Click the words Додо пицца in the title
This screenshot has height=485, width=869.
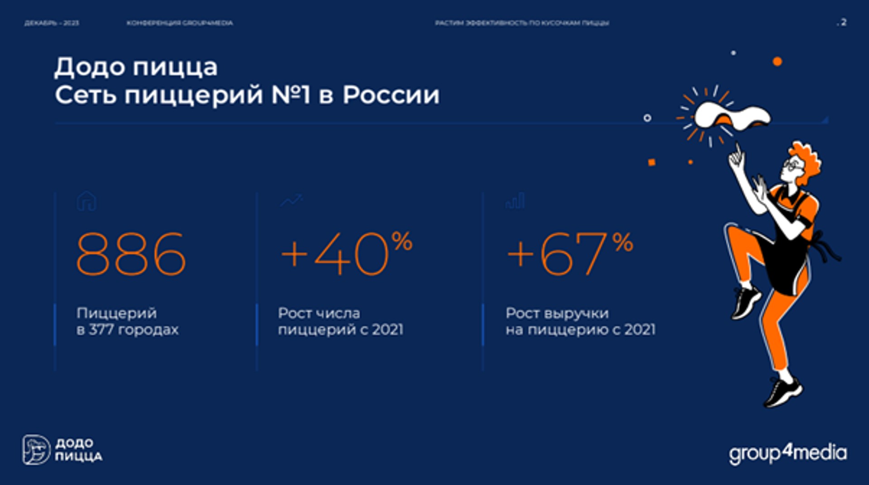(136, 67)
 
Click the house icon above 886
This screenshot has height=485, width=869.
(86, 201)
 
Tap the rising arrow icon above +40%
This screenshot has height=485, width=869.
(291, 200)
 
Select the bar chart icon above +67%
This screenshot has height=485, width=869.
(515, 200)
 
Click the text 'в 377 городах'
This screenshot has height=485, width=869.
(127, 330)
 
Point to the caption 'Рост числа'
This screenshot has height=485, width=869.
(319, 313)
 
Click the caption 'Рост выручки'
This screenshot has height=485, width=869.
(557, 313)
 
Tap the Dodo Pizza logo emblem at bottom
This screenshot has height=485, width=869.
(36, 450)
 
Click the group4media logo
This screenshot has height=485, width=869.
(788, 453)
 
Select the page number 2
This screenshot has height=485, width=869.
(843, 22)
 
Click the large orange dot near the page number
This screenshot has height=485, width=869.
(777, 62)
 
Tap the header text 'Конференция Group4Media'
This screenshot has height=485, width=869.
(180, 23)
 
